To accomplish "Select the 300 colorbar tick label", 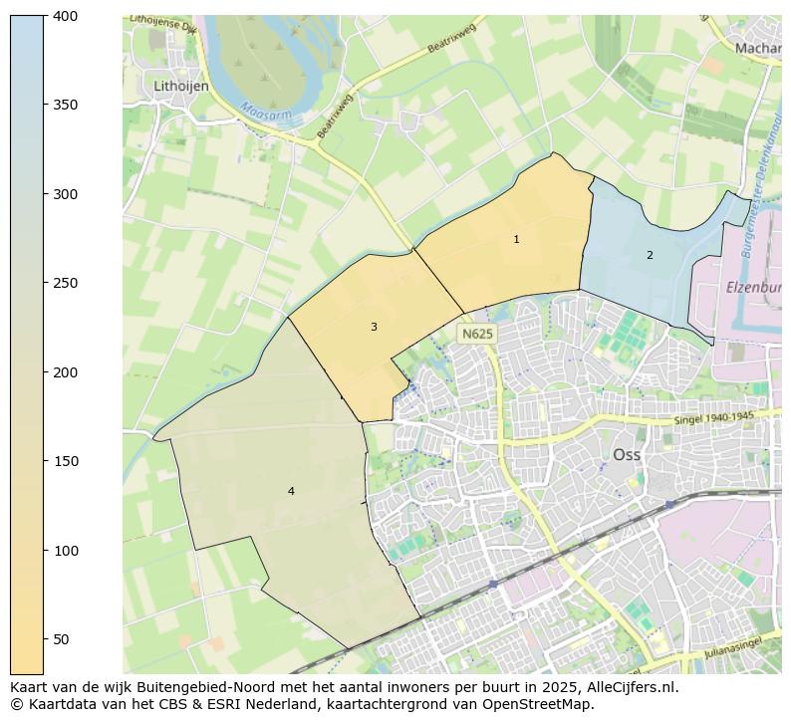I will click(66, 194).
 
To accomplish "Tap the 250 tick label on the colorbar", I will click(66, 283).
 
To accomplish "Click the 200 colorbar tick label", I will click(66, 372).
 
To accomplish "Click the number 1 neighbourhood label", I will click(516, 239).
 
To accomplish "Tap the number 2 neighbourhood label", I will click(650, 255).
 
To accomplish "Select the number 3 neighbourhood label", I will click(374, 327).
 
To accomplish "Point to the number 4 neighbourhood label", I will click(291, 491).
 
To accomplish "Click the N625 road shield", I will click(476, 334).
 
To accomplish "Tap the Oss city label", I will click(627, 454).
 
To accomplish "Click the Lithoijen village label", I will click(181, 87).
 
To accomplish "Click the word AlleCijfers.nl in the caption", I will click(629, 687).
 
